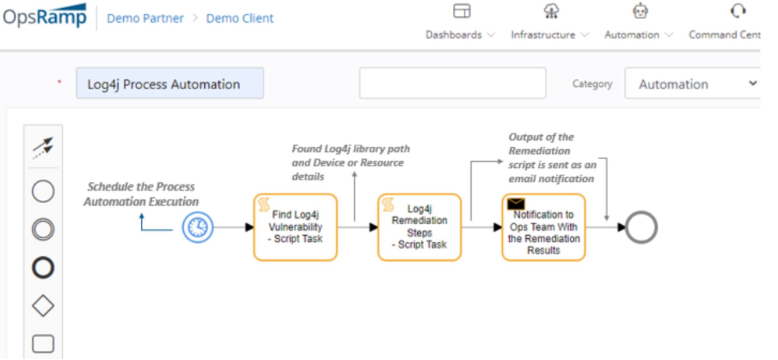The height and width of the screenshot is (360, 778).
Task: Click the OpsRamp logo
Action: coord(45,16)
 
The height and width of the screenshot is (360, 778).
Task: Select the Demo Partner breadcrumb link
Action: coord(145,18)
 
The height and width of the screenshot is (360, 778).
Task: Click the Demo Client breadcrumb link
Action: coord(240,18)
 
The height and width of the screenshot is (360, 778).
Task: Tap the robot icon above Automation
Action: coord(640,11)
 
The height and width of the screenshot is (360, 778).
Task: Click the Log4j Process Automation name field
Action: coord(170,84)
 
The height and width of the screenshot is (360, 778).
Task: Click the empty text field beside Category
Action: coord(452,83)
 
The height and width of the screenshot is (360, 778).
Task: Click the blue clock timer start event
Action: coord(198,227)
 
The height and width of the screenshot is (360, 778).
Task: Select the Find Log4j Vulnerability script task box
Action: coord(295,227)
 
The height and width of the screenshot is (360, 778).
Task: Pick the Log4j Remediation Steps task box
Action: coord(419,227)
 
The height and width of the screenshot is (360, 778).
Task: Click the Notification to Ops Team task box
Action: coord(543,231)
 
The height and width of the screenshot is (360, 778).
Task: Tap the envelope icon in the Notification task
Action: coord(516,203)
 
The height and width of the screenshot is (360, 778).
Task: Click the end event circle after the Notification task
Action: coord(641,227)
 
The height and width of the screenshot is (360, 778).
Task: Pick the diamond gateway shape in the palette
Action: coord(43,306)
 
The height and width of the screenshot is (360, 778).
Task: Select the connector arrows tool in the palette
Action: coord(43,147)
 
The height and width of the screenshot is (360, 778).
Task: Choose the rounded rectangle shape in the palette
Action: coord(43,344)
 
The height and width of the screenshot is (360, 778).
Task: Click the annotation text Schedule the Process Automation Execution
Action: coord(141,194)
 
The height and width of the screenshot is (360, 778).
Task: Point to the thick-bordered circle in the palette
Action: coord(43,267)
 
